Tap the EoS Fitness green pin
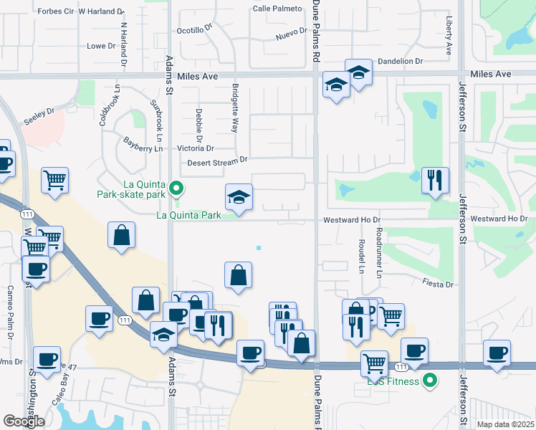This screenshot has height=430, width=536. tap(430, 380)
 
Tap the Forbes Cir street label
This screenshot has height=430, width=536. tap(55, 11)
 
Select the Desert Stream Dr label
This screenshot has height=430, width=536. tap(217, 162)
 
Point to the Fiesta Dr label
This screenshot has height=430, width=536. tap(439, 285)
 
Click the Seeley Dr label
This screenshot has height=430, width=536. tap(39, 115)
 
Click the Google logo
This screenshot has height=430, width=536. tap(23, 421)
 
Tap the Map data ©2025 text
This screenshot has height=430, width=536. tap(505, 424)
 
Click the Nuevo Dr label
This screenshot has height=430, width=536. tap(291, 34)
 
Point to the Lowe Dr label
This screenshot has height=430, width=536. tap(100, 47)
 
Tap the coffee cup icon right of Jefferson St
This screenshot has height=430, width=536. tap(497, 353)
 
